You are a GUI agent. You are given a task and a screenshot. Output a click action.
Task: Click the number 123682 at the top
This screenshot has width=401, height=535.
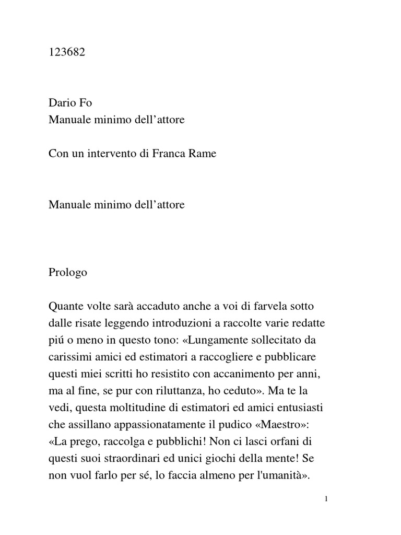[x=66, y=53]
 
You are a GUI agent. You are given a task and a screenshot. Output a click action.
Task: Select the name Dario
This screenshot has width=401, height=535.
[x=63, y=103]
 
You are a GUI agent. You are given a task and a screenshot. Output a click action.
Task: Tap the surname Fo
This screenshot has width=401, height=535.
[x=86, y=103]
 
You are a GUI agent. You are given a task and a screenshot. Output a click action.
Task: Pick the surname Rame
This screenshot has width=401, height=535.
[x=203, y=154]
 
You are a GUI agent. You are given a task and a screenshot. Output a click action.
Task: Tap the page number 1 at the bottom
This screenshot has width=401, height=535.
[x=326, y=499]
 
